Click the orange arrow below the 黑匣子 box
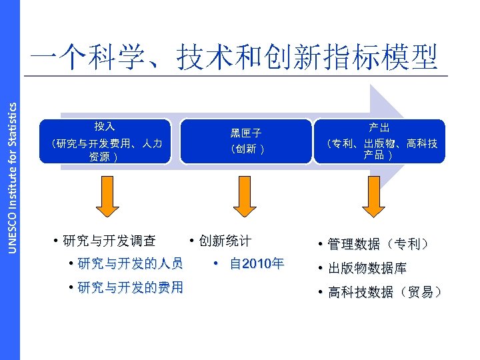pos(245,199)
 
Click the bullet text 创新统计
pos(224,241)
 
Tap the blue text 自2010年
pos(255,263)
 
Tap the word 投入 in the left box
pos(105,126)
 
